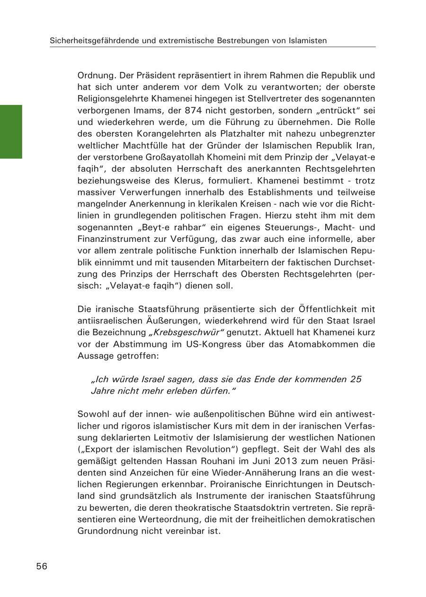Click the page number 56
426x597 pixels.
point(42,566)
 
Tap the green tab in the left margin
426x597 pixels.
point(11,132)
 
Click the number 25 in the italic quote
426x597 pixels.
point(356,379)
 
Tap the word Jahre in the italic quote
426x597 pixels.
point(102,391)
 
